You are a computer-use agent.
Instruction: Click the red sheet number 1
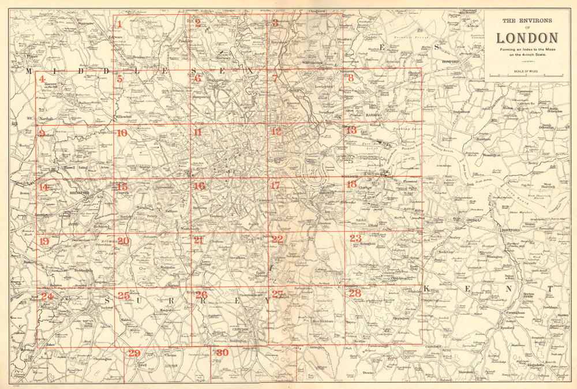pyautogui.click(x=119, y=24)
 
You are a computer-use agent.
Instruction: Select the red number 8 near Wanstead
pyautogui.click(x=350, y=77)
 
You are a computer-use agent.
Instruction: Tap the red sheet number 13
pyautogui.click(x=351, y=130)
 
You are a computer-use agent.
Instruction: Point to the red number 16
pyautogui.click(x=199, y=186)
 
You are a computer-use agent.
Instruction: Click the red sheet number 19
pyautogui.click(x=44, y=241)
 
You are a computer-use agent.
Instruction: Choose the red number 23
pyautogui.click(x=355, y=238)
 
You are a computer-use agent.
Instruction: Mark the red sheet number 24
pyautogui.click(x=46, y=297)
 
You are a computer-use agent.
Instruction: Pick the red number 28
pyautogui.click(x=354, y=293)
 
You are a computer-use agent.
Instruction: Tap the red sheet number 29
pyautogui.click(x=134, y=353)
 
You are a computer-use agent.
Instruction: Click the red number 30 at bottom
pyautogui.click(x=222, y=353)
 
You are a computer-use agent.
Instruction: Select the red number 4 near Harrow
pyautogui.click(x=42, y=78)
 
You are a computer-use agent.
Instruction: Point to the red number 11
pyautogui.click(x=198, y=132)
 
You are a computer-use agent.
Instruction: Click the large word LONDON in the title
pyautogui.click(x=527, y=38)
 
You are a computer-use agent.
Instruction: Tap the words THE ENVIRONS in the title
pyautogui.click(x=527, y=21)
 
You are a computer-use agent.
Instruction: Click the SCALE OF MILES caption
pyautogui.click(x=527, y=70)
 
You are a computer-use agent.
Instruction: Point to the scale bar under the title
pyautogui.click(x=527, y=76)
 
